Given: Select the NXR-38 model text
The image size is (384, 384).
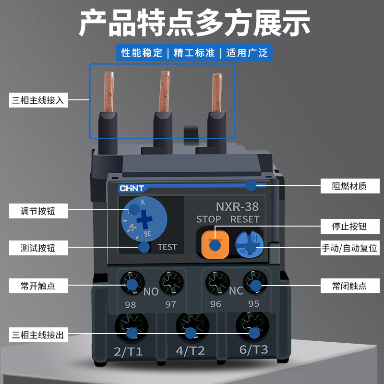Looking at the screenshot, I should pyautogui.click(x=237, y=207).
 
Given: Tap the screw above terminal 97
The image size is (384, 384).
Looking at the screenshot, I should pyautogui.click(x=170, y=281).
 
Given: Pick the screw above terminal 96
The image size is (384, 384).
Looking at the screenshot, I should pyautogui.click(x=215, y=281).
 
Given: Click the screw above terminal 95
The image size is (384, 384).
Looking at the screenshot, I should pyautogui.click(x=253, y=281).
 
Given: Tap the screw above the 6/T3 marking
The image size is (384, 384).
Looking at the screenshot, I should pyautogui.click(x=252, y=326).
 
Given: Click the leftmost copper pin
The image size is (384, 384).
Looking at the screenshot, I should pyautogui.click(x=109, y=91).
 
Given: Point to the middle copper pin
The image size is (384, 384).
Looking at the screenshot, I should pyautogui.click(x=164, y=91).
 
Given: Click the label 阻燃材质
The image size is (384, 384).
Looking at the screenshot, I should pyautogui.click(x=349, y=186).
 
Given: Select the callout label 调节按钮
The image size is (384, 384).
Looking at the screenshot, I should pyautogui.click(x=38, y=211).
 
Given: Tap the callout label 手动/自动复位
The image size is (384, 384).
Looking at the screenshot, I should pyautogui.click(x=349, y=249).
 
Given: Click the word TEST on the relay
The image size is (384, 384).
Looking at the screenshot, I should pyautogui.click(x=167, y=247).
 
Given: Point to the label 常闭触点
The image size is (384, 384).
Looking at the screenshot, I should pyautogui.click(x=349, y=286).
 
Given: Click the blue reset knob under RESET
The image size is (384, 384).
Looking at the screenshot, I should pyautogui.click(x=249, y=244).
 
